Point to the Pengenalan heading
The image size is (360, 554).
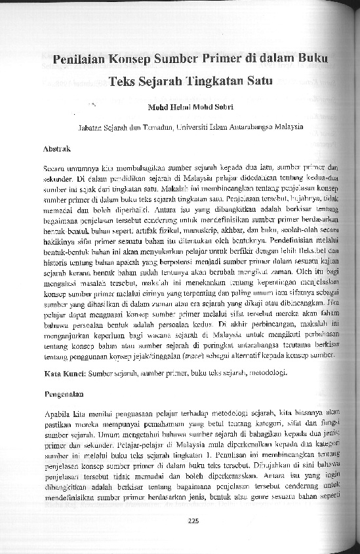pos(61,396)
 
